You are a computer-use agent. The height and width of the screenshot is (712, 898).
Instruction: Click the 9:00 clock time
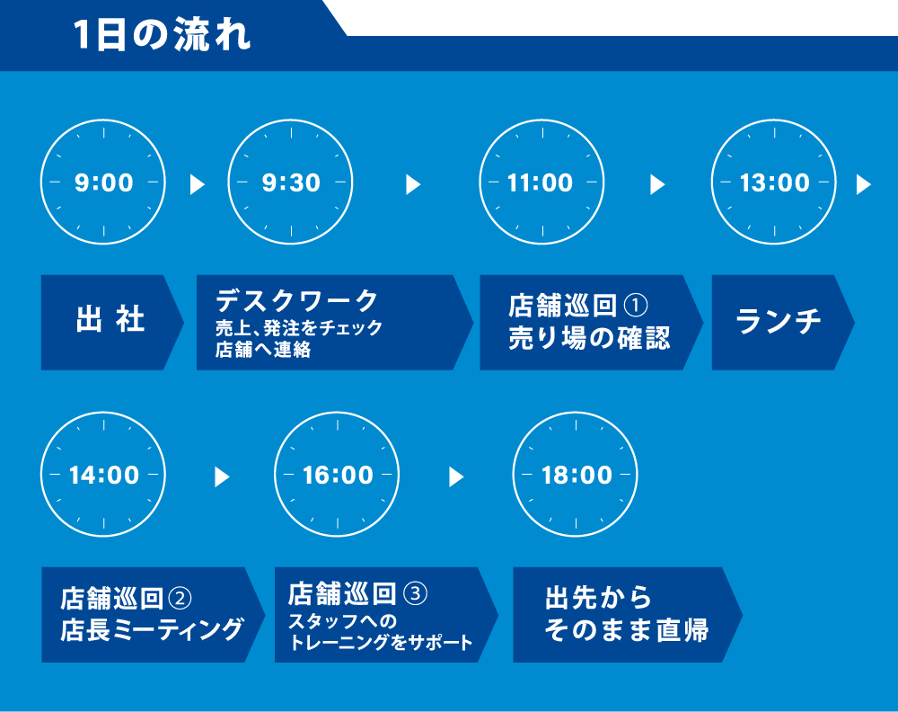(x=103, y=182)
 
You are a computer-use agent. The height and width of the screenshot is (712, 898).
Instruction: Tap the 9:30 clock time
(x=291, y=182)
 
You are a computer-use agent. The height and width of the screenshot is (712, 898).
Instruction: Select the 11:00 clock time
(x=540, y=182)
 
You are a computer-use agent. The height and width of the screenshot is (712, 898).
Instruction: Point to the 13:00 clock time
(x=774, y=182)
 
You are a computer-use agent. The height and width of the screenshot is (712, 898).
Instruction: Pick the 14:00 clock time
(x=103, y=476)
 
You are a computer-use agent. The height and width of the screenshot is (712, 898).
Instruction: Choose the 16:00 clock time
(x=338, y=476)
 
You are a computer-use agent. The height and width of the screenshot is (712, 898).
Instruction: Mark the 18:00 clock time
(x=577, y=476)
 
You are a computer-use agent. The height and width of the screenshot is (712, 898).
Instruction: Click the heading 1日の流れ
(x=162, y=35)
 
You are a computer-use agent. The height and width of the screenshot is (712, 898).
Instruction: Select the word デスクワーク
(x=296, y=300)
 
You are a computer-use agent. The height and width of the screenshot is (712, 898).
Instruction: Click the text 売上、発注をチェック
(x=298, y=327)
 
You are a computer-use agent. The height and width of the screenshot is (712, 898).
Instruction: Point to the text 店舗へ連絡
(x=263, y=349)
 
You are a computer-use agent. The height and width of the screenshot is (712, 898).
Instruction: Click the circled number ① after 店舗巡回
(x=635, y=305)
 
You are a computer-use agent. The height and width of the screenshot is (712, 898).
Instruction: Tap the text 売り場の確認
(x=589, y=338)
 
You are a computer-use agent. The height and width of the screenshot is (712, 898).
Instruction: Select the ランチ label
(x=779, y=321)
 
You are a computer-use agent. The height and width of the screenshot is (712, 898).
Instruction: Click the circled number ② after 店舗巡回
(x=180, y=599)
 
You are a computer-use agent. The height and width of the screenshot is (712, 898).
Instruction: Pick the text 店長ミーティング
(x=152, y=629)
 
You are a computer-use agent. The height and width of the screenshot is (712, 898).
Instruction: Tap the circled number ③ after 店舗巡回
(x=415, y=593)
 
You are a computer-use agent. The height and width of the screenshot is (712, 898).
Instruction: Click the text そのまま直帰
(x=627, y=629)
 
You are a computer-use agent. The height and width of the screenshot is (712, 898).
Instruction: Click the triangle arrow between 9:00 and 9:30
(x=197, y=184)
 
